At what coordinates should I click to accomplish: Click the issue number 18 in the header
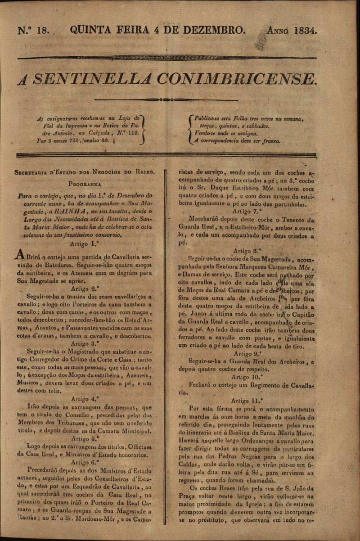(x=45, y=31)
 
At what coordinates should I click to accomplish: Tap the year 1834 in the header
(x=306, y=31)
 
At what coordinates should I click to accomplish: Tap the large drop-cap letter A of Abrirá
(x=19, y=255)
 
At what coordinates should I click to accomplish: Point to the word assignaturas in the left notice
(x=63, y=119)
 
